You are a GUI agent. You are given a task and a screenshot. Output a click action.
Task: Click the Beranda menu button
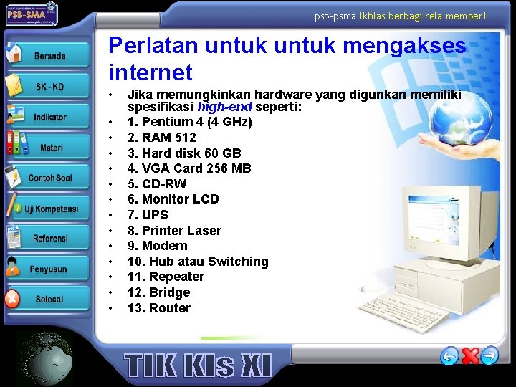49,56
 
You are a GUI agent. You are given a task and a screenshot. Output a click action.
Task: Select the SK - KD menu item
49,87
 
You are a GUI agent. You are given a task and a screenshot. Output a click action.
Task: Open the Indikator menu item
49,117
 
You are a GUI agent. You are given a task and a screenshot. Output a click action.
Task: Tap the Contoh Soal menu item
49,178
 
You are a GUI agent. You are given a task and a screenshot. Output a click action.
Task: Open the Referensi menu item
49,239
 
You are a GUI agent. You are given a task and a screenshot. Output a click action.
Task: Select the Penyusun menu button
48,269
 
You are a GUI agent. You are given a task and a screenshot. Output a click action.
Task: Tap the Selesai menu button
49,299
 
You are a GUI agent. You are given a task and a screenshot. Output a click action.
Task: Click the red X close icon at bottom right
470,355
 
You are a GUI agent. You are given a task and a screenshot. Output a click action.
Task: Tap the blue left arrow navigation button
449,355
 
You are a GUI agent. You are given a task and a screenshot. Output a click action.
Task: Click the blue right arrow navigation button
490,355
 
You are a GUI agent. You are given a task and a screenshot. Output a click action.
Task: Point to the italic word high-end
224,107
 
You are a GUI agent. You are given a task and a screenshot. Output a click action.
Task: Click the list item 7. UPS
148,214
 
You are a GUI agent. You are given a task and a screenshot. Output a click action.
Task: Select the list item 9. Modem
157,246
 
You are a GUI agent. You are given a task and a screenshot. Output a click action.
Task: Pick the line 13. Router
159,308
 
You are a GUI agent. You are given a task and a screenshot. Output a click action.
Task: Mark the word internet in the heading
150,72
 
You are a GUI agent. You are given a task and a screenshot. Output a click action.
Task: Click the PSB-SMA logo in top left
32,14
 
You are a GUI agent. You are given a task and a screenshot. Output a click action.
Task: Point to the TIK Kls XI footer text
199,365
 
